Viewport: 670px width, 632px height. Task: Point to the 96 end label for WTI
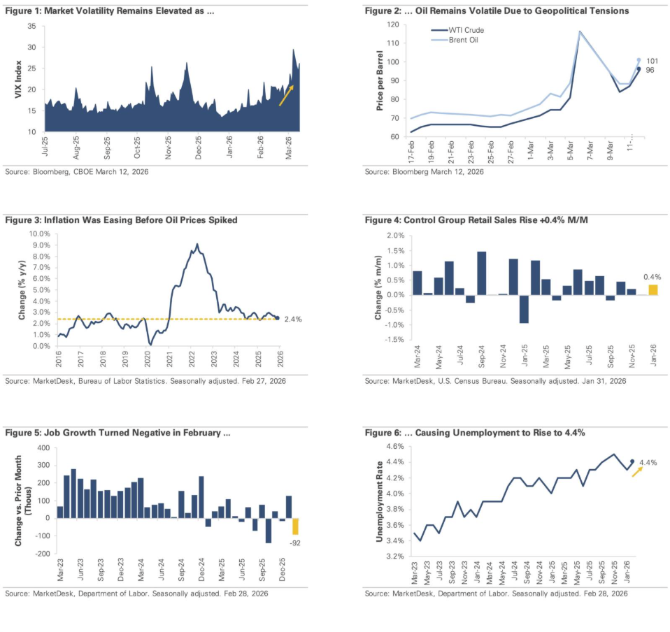[x=650, y=70]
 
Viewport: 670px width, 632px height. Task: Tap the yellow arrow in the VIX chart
[x=286, y=95]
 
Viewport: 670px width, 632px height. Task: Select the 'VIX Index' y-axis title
[x=19, y=78]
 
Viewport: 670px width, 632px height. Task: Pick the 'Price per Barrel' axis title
[x=379, y=81]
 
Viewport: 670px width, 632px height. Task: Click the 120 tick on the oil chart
[x=392, y=25]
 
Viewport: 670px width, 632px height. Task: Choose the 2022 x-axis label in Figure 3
[x=192, y=359]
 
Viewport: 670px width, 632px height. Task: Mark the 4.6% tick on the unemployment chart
[x=394, y=446]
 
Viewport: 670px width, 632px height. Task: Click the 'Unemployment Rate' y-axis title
[x=379, y=501]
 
